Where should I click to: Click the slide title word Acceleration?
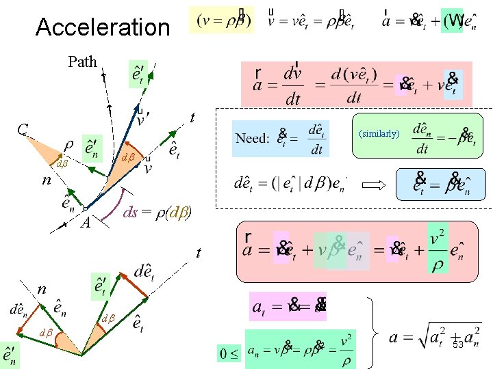pos(102,27)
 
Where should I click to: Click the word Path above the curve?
pos(82,61)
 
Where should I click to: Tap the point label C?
pos(23,129)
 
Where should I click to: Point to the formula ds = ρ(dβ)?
pos(157,212)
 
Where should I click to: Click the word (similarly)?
pos(378,133)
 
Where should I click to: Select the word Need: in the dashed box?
pos(252,138)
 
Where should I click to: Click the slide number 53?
pos(458,345)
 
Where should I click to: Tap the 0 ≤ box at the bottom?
pos(229,354)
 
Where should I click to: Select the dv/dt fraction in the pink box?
pos(292,85)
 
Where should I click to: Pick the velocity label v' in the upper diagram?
pos(143,119)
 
